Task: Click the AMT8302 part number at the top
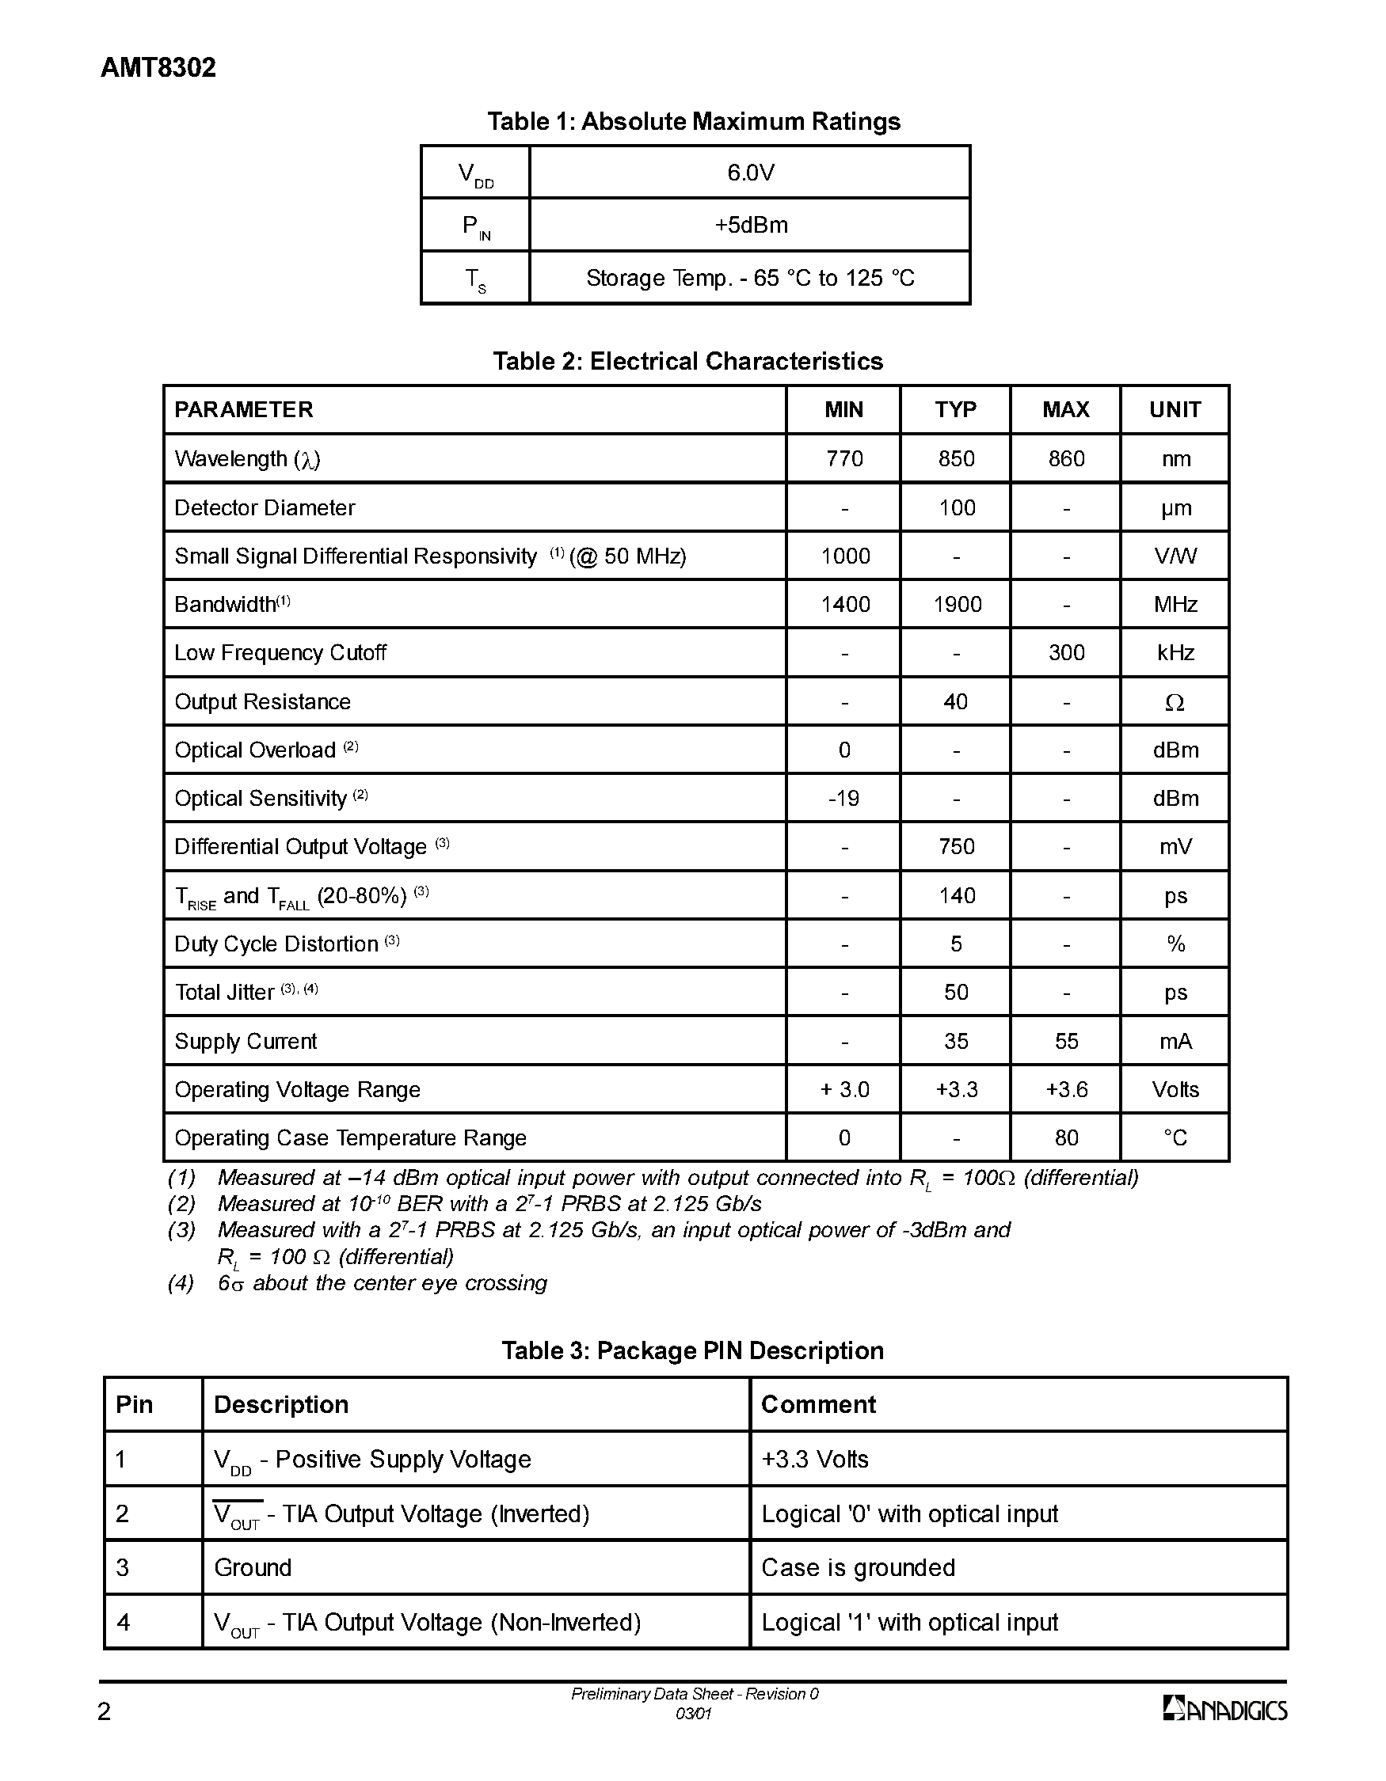coord(158,68)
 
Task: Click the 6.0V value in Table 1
coord(751,173)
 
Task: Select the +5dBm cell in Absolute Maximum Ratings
coord(751,225)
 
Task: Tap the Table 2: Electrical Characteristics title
coord(687,361)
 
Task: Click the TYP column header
coord(955,409)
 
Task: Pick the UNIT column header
coord(1175,409)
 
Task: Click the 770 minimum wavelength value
coord(844,459)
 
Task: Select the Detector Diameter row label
coord(265,508)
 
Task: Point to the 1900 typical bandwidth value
coord(957,604)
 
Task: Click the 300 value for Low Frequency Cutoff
coord(1066,652)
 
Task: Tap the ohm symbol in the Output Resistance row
coord(1175,702)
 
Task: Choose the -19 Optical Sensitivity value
coord(843,799)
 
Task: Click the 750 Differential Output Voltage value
coord(956,846)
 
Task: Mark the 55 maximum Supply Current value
coord(1066,1042)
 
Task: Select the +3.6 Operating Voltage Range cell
coord(1066,1089)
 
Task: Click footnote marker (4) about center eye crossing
coord(181,1284)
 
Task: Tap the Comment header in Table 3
coord(818,1404)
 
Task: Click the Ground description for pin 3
coord(253,1567)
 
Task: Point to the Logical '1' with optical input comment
coord(909,1622)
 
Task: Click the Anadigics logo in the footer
coord(1224,1708)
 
